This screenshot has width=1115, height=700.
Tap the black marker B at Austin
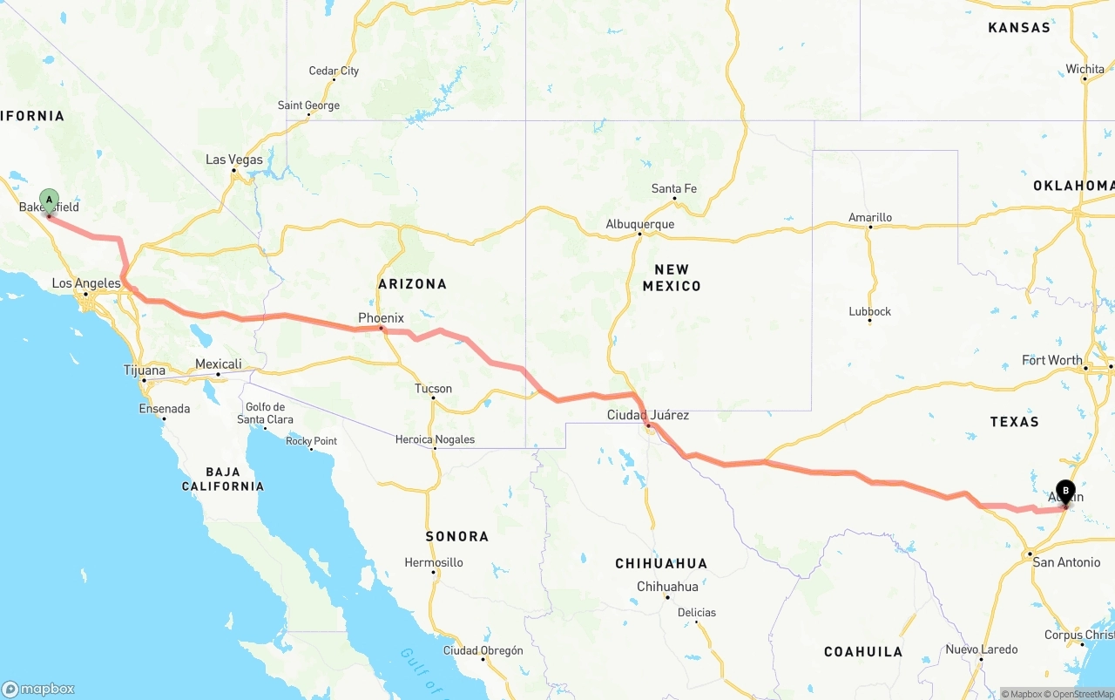(x=1065, y=491)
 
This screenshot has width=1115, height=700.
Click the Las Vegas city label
(x=233, y=160)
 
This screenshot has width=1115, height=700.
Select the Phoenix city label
(x=381, y=318)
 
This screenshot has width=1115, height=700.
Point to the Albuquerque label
(x=640, y=224)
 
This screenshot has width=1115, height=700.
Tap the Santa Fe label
(x=674, y=188)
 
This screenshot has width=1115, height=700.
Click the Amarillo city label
(x=870, y=217)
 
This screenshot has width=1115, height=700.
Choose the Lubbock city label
(x=870, y=311)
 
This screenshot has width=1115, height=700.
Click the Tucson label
(x=433, y=389)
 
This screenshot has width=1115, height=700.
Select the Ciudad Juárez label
(x=648, y=415)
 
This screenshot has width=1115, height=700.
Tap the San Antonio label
(x=1066, y=562)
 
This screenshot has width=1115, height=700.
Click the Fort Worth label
(x=1052, y=360)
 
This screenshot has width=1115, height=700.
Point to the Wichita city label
(x=1085, y=69)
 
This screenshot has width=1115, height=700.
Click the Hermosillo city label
(x=433, y=562)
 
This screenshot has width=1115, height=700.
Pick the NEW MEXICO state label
(x=672, y=277)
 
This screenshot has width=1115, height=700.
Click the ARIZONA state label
(x=412, y=284)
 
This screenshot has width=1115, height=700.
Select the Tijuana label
(x=145, y=370)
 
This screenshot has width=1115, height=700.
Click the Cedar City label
(x=334, y=71)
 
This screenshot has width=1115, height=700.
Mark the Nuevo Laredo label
(x=982, y=649)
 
